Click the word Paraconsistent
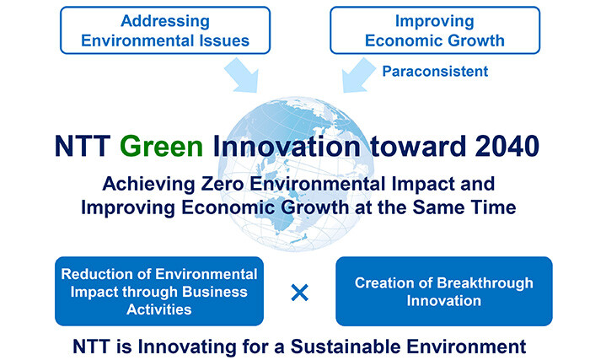point(435,71)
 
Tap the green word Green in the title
point(162,146)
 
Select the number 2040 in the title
point(507,146)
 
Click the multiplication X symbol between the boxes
point(300,293)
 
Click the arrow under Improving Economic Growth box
point(358,75)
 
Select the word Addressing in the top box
point(165,21)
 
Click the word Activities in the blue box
point(159,309)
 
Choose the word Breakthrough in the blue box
point(485,283)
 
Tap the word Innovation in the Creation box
point(444,301)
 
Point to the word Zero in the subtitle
point(223,184)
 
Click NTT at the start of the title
point(83,146)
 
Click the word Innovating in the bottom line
point(187,347)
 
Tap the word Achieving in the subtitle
point(148,184)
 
